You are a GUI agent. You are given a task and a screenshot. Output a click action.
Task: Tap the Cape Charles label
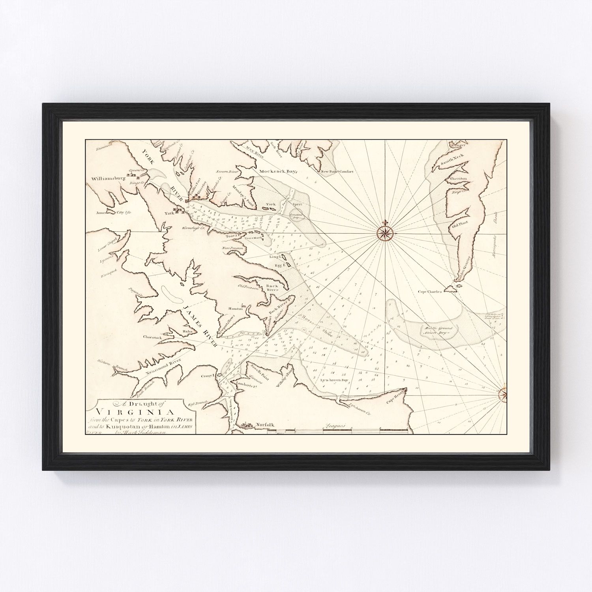(x=429, y=292)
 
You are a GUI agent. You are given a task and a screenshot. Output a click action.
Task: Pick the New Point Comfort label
(x=337, y=172)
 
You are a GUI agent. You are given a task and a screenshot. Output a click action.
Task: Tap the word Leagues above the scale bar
(x=335, y=426)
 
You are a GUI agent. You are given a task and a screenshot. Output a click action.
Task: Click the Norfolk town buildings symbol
(x=245, y=425)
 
